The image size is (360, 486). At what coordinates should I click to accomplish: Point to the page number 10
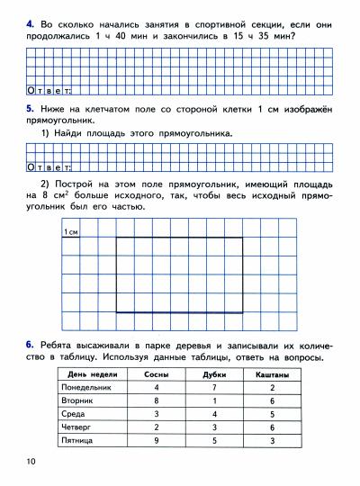32,462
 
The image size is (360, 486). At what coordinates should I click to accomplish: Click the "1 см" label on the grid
74,233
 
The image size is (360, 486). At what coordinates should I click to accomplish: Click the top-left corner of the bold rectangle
117,237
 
